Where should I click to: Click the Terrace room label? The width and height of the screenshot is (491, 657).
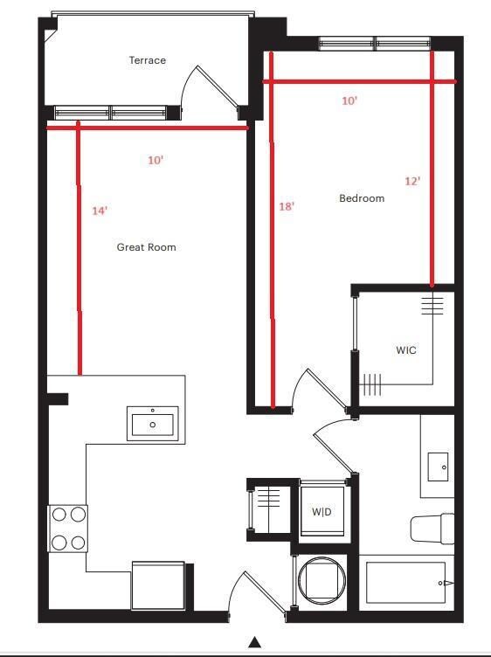point(147,60)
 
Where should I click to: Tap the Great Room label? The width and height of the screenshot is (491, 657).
point(146,247)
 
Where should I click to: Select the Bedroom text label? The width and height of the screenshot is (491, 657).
point(361,198)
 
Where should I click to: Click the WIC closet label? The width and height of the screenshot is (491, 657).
point(405,350)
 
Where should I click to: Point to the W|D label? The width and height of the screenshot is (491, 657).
point(322,511)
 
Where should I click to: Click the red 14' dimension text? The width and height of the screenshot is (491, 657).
point(100,211)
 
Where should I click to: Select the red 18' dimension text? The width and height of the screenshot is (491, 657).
point(286,206)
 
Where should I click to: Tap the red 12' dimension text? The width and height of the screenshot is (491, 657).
point(412,181)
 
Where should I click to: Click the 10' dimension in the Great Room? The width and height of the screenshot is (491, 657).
point(156,161)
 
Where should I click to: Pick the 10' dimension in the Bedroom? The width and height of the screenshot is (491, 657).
point(349,100)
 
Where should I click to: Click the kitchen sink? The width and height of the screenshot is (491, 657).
point(153,424)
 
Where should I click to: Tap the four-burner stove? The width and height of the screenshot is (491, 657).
point(68,529)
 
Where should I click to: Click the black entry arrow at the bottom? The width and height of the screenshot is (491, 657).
point(254,642)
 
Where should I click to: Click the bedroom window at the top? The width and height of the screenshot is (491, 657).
point(375,42)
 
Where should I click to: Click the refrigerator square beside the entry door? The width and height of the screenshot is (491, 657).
point(158,585)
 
